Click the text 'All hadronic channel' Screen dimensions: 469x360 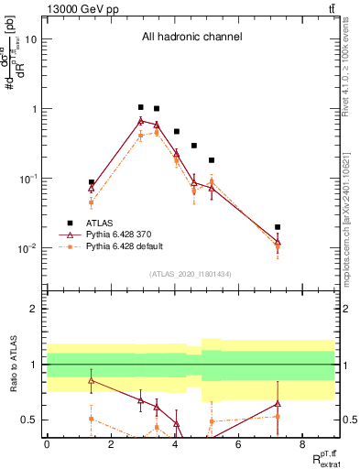(x=191, y=38)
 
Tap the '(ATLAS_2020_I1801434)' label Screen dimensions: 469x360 (x=191, y=274)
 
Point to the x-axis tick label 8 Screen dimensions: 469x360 (x=302, y=444)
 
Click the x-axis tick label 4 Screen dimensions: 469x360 (x=174, y=444)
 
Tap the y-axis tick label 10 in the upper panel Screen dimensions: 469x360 (x=31, y=39)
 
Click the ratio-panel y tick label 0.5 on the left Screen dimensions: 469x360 (x=28, y=420)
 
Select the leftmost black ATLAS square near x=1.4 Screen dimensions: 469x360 (x=92, y=182)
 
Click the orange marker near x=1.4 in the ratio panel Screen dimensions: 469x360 (x=92, y=419)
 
